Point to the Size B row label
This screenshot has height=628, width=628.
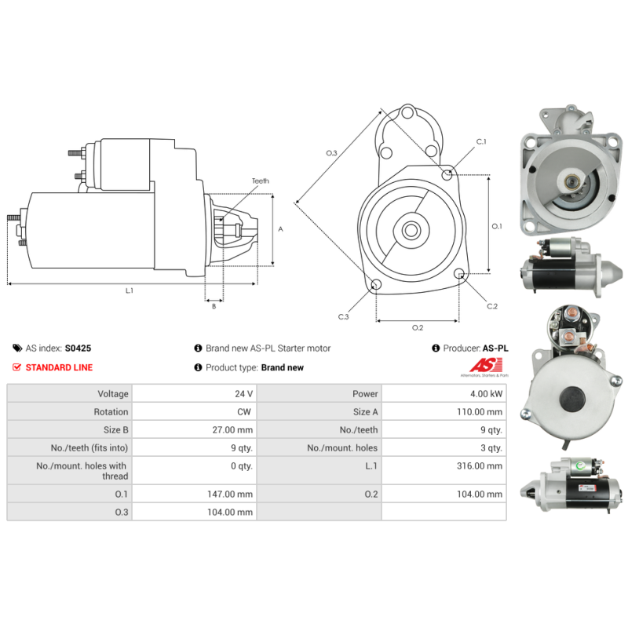[113, 430]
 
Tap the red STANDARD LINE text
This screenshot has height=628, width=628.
[59, 367]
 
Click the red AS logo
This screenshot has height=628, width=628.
[481, 365]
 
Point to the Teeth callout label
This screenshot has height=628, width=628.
[260, 181]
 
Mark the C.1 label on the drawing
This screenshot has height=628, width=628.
[481, 142]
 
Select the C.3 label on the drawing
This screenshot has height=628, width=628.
[343, 316]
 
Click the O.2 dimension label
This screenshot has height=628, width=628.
[418, 327]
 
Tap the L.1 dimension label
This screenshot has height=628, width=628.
[130, 290]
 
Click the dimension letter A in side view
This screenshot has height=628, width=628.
[281, 229]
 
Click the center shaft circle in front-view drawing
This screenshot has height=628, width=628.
[411, 231]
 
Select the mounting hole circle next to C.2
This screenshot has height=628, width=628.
[459, 274]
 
